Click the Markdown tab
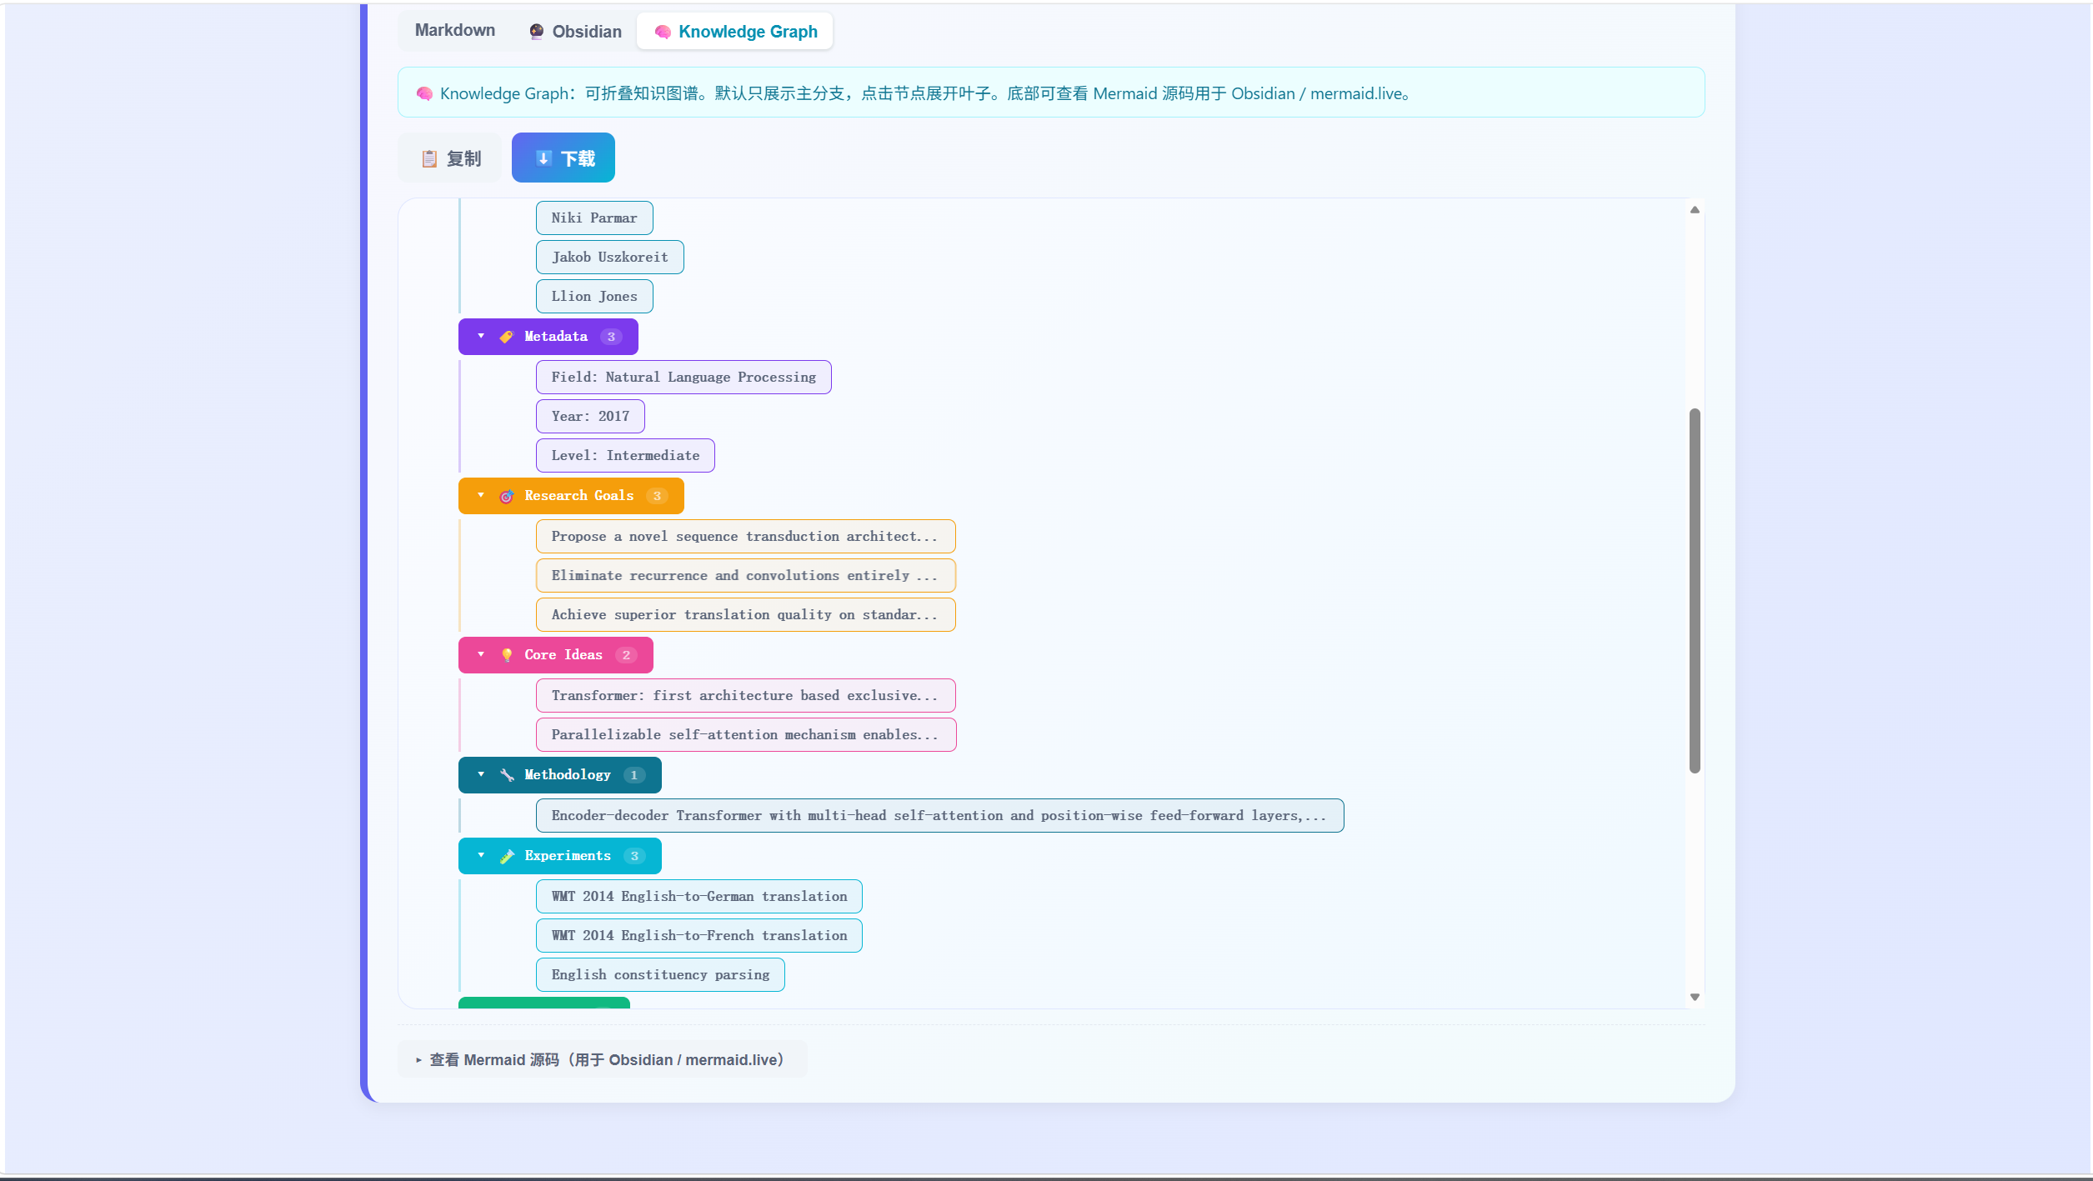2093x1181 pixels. point(454,31)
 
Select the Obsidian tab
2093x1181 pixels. point(576,32)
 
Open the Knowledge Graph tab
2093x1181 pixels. point(735,32)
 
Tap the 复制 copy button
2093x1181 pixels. point(450,158)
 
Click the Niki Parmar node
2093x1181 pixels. point(594,218)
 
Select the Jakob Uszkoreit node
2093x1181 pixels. point(609,258)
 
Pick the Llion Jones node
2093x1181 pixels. point(594,297)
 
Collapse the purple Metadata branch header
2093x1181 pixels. point(548,337)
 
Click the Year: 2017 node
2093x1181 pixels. point(590,417)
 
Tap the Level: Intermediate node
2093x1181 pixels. point(625,456)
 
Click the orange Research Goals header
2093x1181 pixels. point(571,496)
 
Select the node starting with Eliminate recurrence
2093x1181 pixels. point(745,576)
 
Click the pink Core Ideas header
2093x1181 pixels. point(556,655)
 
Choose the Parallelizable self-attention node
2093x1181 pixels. point(745,735)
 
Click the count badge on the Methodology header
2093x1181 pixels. point(634,775)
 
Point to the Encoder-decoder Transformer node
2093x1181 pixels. point(939,816)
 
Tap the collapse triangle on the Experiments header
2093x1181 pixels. point(481,856)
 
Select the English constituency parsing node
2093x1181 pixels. point(660,975)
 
